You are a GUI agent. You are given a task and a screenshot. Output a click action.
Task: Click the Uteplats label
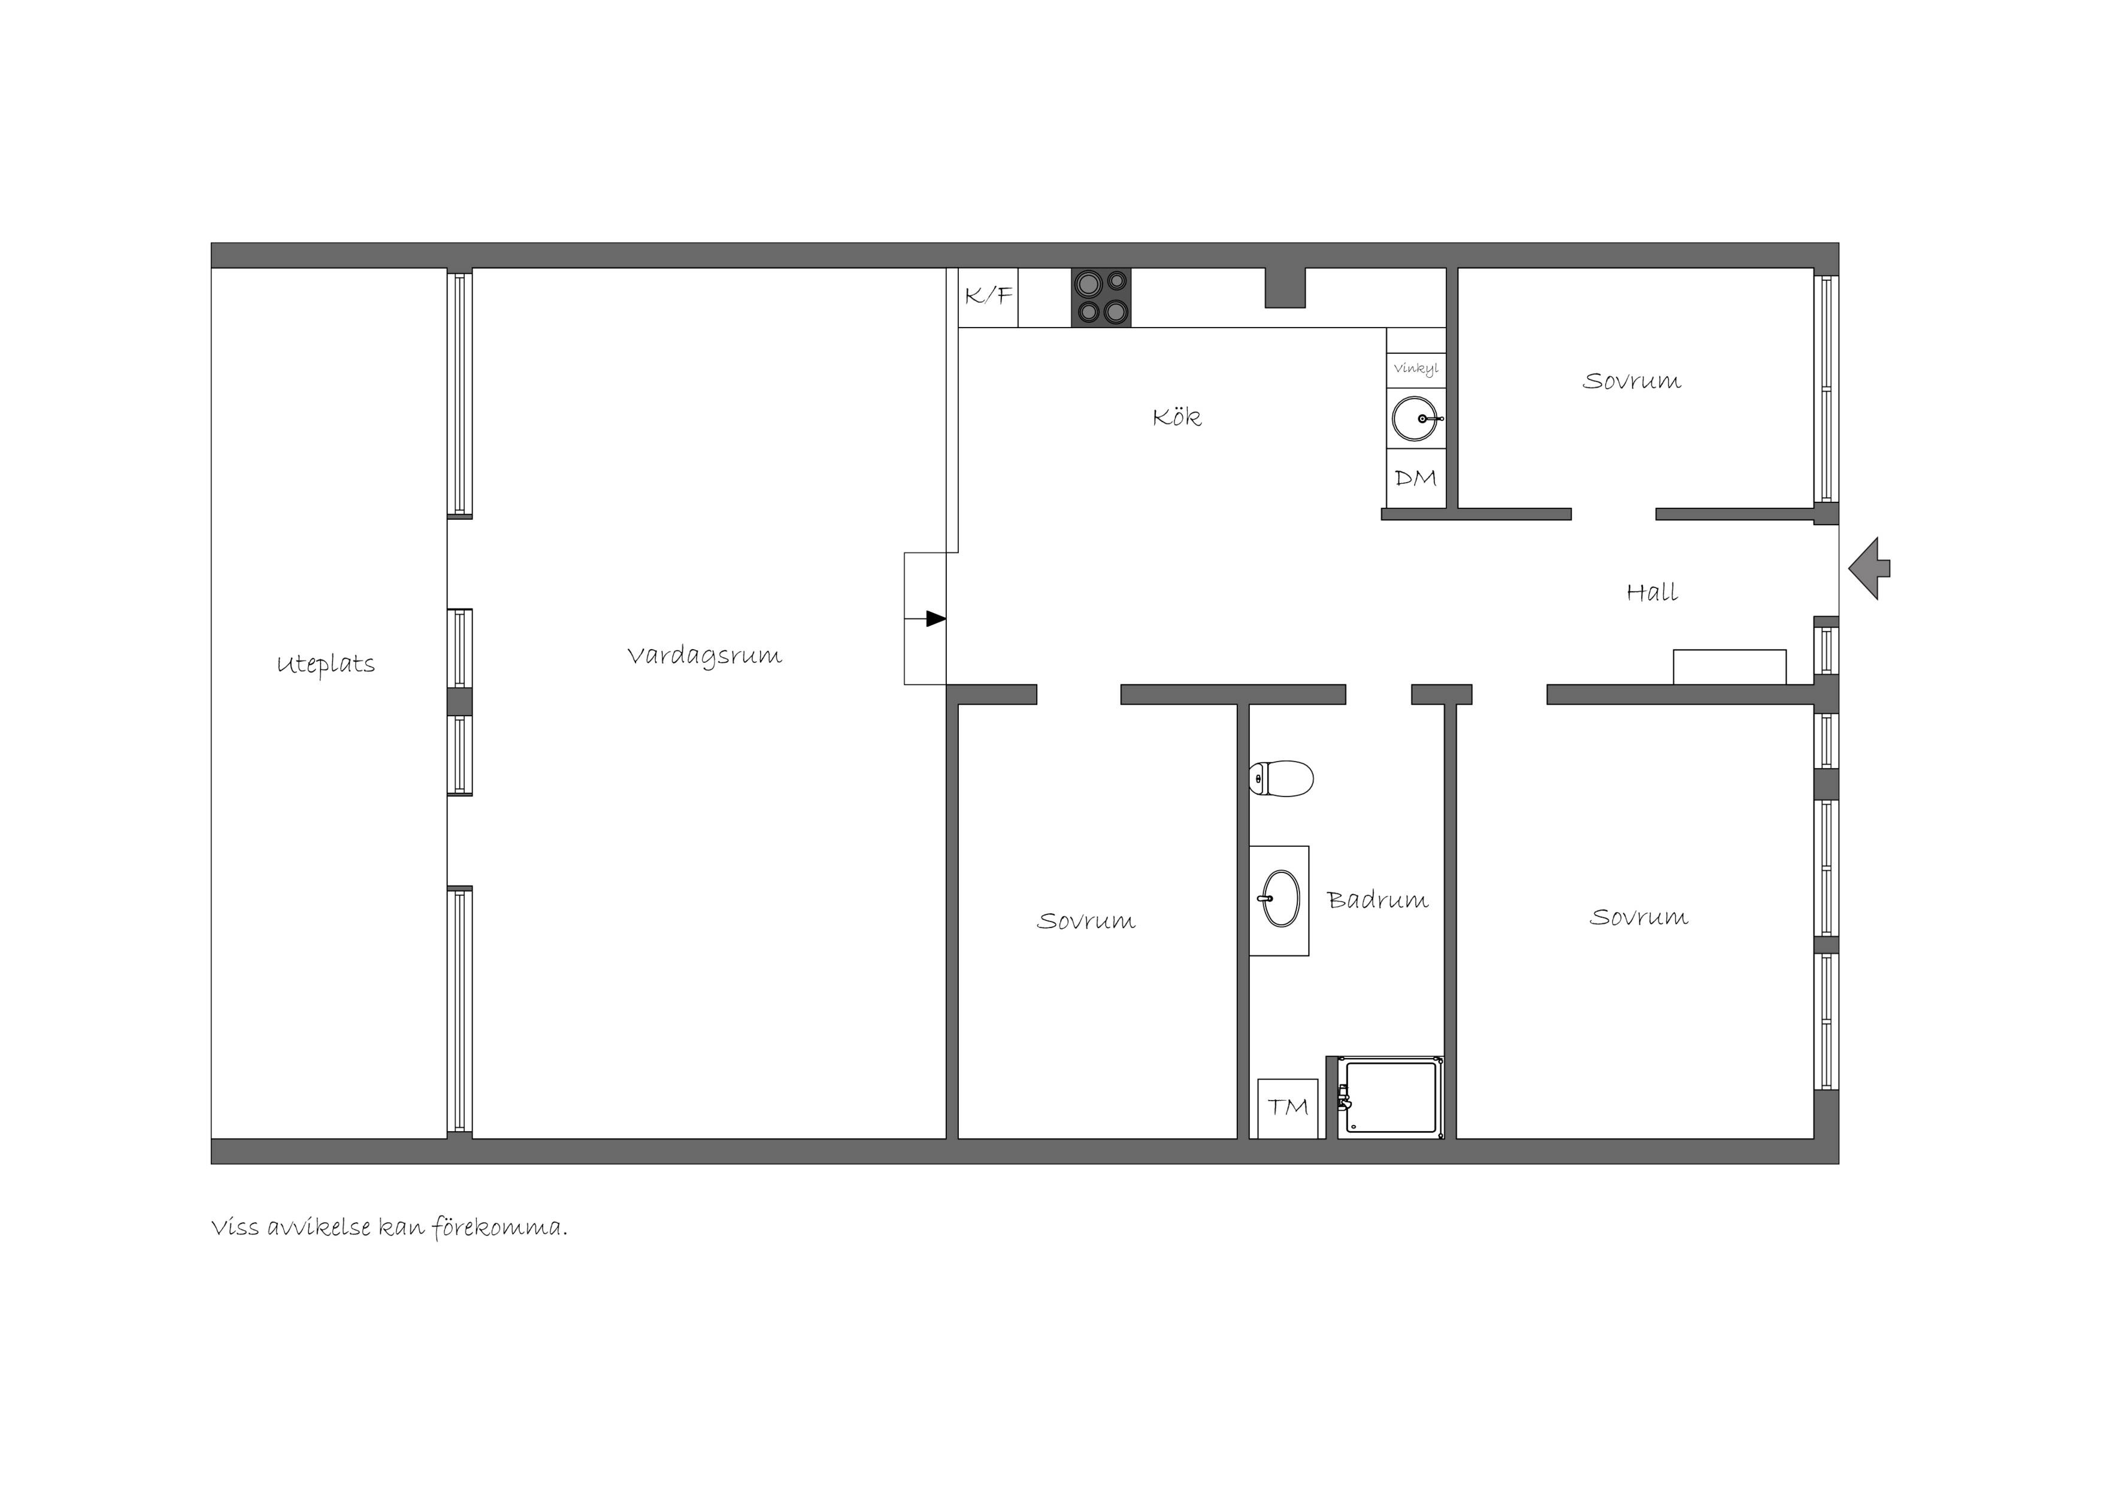[x=326, y=664]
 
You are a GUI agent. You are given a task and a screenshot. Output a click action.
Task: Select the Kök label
[x=1177, y=417]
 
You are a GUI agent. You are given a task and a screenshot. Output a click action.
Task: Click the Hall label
[x=1652, y=592]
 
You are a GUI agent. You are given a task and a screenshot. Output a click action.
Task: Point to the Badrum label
[x=1377, y=901]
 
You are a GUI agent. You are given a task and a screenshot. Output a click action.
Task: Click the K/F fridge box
[x=988, y=298]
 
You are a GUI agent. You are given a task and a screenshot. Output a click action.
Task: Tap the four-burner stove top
[x=1101, y=298]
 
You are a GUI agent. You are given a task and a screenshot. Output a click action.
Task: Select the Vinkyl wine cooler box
[x=1416, y=369]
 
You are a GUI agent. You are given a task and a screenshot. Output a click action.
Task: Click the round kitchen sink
[x=1416, y=418]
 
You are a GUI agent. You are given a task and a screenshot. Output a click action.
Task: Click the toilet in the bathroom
[x=1281, y=778]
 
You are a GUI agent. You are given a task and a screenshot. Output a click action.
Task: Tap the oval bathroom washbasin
[x=1280, y=899]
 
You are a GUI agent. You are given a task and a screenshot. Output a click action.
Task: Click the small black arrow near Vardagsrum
[x=935, y=619]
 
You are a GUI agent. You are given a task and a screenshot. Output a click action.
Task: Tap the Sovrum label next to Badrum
[x=1086, y=920]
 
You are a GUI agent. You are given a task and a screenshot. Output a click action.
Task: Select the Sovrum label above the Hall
[x=1631, y=381]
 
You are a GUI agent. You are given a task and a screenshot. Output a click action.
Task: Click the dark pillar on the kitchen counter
[x=1285, y=287]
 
